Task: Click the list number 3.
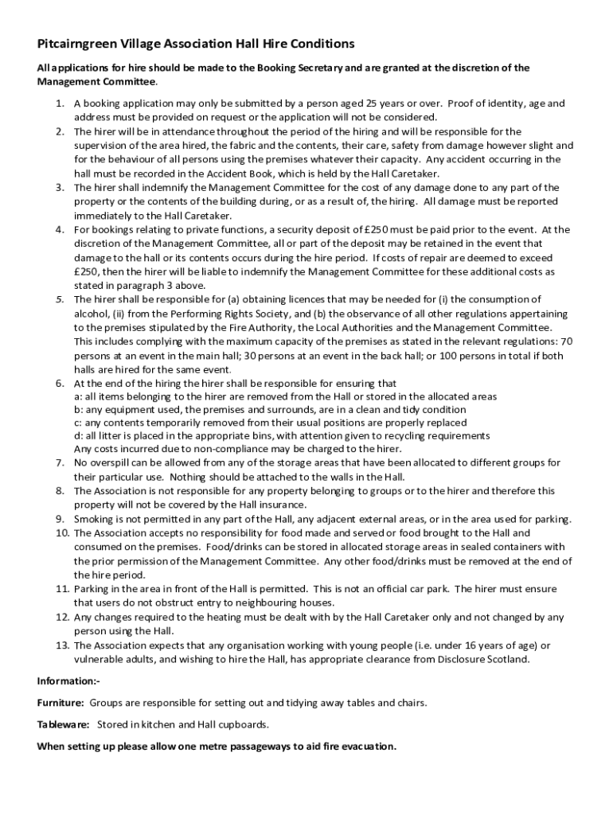point(60,188)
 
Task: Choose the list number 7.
point(60,463)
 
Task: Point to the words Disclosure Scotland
point(482,659)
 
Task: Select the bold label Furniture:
point(61,703)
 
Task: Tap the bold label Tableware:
point(64,724)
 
